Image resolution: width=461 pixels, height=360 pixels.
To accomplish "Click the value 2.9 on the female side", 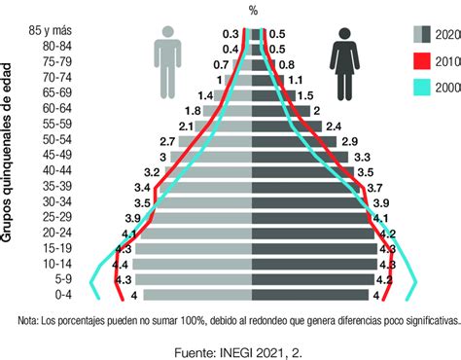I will pos(349,141).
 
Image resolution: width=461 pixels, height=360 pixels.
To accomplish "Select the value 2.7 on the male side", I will pos(168,141).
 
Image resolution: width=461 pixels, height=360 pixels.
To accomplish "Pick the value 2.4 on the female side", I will pos(334,126).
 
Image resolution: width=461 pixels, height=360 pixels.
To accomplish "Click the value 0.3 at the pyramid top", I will pos(230,33).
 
